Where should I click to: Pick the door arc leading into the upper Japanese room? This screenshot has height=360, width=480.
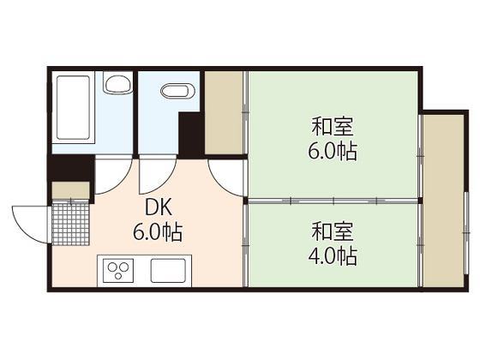[x=228, y=180]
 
